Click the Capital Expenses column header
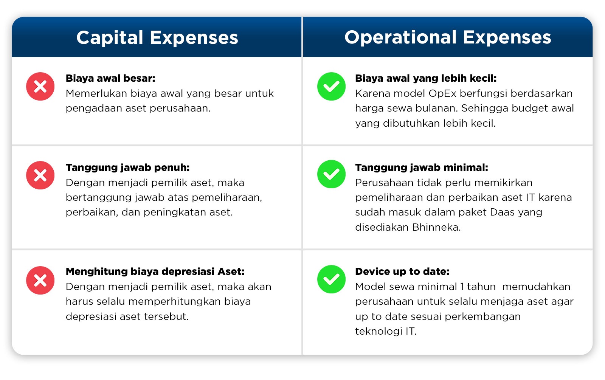click(157, 38)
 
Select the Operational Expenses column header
click(448, 37)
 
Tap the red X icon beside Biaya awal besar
click(40, 87)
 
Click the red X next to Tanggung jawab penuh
click(40, 175)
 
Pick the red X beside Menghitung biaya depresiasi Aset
click(40, 280)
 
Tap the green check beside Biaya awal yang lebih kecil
click(331, 87)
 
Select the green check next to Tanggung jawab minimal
click(331, 174)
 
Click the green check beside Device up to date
click(331, 279)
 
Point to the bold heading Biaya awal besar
click(110, 78)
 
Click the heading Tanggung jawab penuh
click(128, 168)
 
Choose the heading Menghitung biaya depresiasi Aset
click(155, 271)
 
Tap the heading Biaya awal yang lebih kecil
click(426, 78)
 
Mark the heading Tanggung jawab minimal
click(422, 168)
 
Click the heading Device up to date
click(402, 272)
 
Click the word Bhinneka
click(436, 227)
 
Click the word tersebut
click(166, 316)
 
